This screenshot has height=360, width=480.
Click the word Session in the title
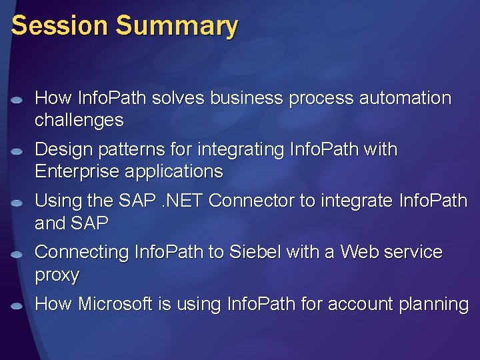click(59, 26)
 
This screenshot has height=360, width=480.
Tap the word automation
click(405, 98)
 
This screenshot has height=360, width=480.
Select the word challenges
click(79, 121)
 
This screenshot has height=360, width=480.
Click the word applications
click(173, 172)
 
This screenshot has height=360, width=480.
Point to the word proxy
click(57, 275)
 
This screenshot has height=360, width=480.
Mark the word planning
click(433, 305)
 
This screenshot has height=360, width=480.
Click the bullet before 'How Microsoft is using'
click(18, 306)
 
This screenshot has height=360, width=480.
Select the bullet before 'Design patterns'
click(18, 151)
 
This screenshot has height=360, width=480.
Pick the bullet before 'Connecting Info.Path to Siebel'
click(18, 254)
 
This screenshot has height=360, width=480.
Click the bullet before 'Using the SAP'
click(18, 203)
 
